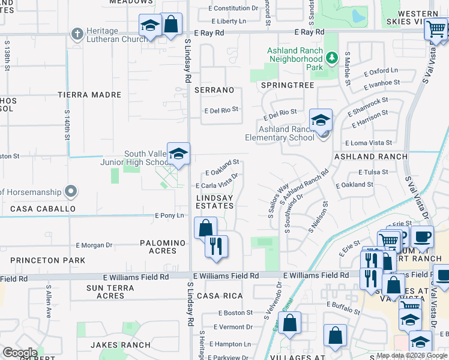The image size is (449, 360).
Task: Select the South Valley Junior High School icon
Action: pos(178,154)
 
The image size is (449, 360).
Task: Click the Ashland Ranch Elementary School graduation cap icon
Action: pos(321,120)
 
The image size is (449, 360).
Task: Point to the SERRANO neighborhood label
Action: pos(214,90)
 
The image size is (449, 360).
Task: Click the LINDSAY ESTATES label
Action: pos(215,201)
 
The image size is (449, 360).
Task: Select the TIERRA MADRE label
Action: pos(89,95)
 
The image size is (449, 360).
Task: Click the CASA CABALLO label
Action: pos(47,209)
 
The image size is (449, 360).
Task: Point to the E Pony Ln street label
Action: pos(169,215)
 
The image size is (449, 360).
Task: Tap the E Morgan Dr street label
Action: pos(94,245)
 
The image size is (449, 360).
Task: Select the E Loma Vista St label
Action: pos(369,143)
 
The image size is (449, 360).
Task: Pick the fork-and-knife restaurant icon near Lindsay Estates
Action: pos(216,246)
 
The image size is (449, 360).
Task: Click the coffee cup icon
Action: pos(422,236)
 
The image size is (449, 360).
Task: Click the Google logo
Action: pos(20,353)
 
